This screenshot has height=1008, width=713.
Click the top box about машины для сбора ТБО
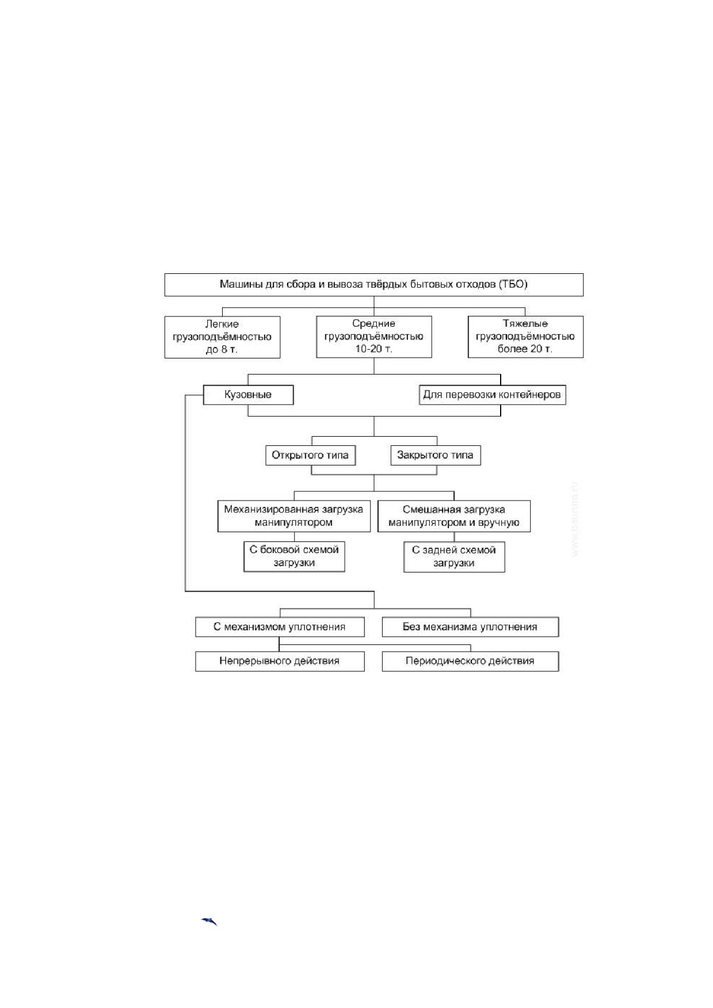pyautogui.click(x=374, y=285)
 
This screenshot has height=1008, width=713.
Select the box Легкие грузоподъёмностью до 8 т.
pyautogui.click(x=222, y=337)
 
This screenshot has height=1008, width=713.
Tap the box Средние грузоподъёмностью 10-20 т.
pyautogui.click(x=374, y=337)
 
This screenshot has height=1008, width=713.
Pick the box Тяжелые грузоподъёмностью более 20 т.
pyautogui.click(x=525, y=337)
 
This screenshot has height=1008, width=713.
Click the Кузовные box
pyautogui.click(x=248, y=395)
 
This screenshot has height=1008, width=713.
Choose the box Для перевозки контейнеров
pyautogui.click(x=492, y=395)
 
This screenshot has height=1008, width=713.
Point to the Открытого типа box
pyautogui.click(x=310, y=455)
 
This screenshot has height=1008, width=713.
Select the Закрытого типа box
pyautogui.click(x=436, y=455)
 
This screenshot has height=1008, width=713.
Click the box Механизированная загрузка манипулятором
pyautogui.click(x=293, y=516)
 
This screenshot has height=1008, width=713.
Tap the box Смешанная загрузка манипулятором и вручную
pyautogui.click(x=454, y=516)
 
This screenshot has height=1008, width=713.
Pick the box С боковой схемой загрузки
pyautogui.click(x=294, y=556)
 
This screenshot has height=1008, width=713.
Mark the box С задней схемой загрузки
pyautogui.click(x=454, y=556)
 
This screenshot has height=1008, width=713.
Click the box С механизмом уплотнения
pyautogui.click(x=280, y=627)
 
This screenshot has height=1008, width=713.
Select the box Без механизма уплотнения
pyautogui.click(x=470, y=627)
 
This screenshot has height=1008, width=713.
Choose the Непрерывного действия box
pyautogui.click(x=280, y=661)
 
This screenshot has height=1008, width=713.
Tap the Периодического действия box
pyautogui.click(x=470, y=661)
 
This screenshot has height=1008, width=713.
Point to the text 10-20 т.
pyautogui.click(x=373, y=349)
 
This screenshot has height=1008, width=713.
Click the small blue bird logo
pyautogui.click(x=209, y=922)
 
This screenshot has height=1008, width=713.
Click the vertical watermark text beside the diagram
pyautogui.click(x=575, y=519)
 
